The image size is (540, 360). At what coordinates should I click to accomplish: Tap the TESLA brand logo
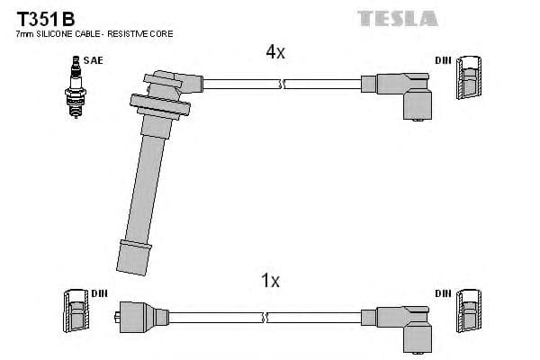click(397, 17)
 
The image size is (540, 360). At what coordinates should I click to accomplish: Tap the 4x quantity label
click(274, 52)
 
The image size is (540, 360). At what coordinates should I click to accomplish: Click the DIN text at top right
click(442, 59)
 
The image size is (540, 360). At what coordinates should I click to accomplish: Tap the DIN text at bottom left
click(98, 293)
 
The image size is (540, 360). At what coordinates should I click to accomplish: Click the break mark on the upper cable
click(283, 84)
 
